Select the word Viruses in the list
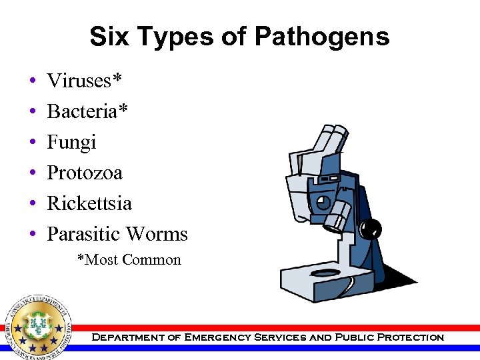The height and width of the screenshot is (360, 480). point(79,81)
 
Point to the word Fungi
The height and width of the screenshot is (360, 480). point(71,142)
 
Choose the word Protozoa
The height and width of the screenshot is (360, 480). point(85,173)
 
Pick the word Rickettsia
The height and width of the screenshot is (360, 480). point(89,203)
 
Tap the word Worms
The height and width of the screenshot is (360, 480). point(158,234)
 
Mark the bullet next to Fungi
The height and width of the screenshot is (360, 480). point(32,143)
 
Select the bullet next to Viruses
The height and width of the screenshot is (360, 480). point(32,81)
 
